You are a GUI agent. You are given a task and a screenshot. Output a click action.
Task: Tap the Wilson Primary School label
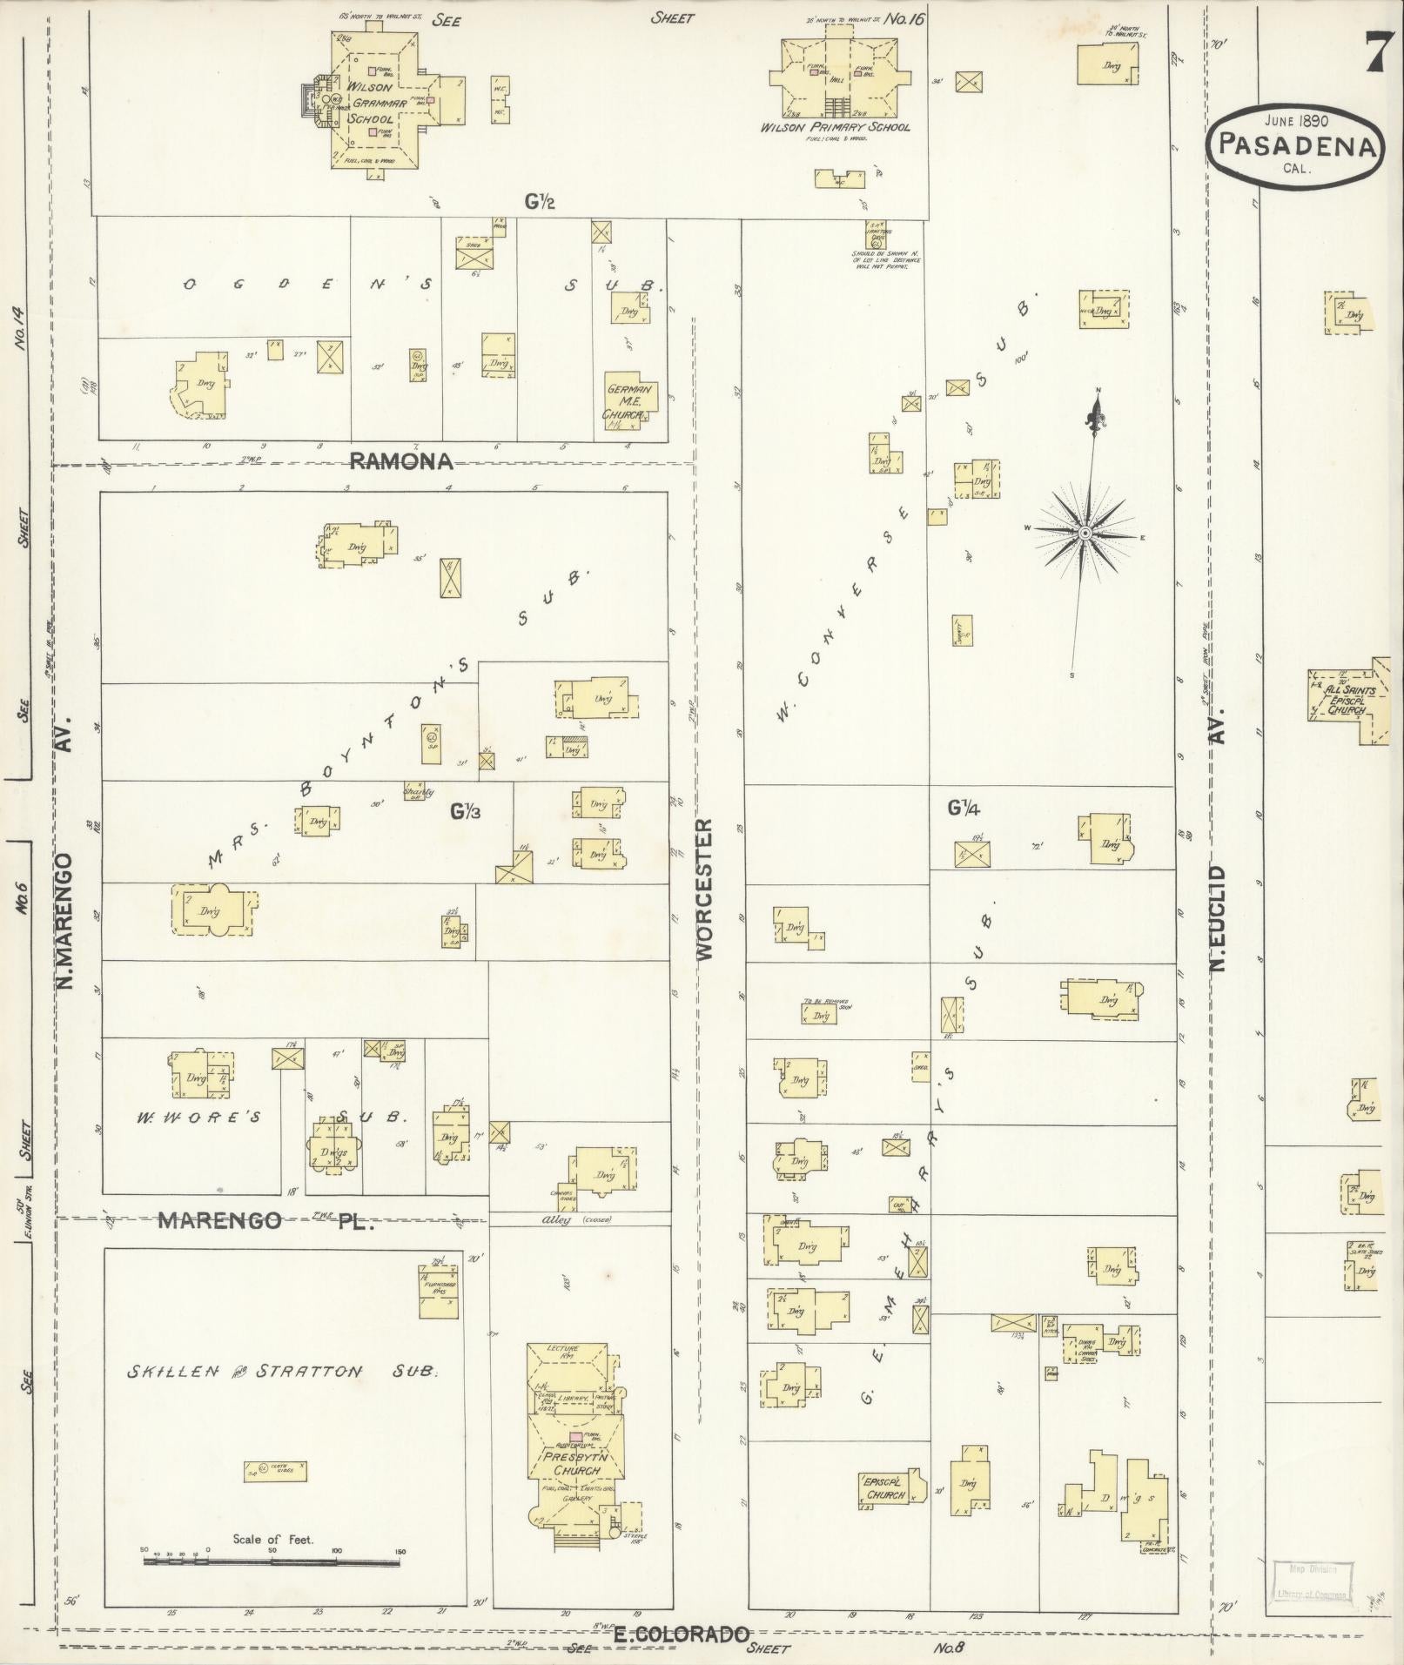coord(835,127)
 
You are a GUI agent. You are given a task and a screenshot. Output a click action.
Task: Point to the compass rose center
coord(1085,532)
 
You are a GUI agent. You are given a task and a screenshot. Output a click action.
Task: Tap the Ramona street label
coord(401,461)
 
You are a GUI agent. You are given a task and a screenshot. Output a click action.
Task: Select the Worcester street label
coord(704,888)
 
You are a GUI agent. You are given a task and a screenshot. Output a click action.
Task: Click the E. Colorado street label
coord(680,1634)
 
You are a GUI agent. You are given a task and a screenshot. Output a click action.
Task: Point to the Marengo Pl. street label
coord(265,1220)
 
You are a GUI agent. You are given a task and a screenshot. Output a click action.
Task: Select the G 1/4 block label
coord(964,808)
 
